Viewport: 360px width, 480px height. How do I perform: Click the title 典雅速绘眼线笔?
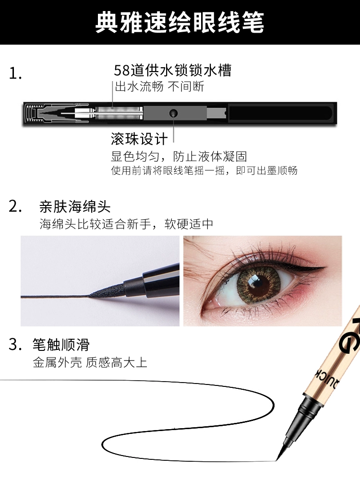tap(180, 22)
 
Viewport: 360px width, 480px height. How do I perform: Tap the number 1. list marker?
tap(15, 73)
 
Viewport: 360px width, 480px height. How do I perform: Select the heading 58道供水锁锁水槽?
tap(173, 71)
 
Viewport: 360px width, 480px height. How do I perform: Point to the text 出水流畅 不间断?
tap(159, 86)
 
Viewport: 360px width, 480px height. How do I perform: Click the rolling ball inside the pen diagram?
tap(173, 113)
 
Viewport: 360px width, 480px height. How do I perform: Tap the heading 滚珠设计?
tap(139, 139)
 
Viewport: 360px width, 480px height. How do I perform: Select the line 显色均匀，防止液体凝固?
tap(179, 156)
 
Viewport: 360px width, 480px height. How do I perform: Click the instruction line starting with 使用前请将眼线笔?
tap(204, 170)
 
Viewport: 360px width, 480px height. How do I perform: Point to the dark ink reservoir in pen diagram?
tap(280, 113)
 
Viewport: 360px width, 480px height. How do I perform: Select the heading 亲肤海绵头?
tap(75, 206)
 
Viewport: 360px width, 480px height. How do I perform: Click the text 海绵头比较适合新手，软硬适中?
tap(126, 224)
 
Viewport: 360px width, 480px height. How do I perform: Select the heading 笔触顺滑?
tap(61, 345)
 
